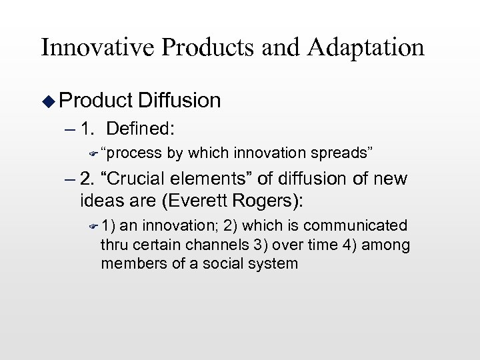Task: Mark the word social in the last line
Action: click(x=225, y=263)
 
